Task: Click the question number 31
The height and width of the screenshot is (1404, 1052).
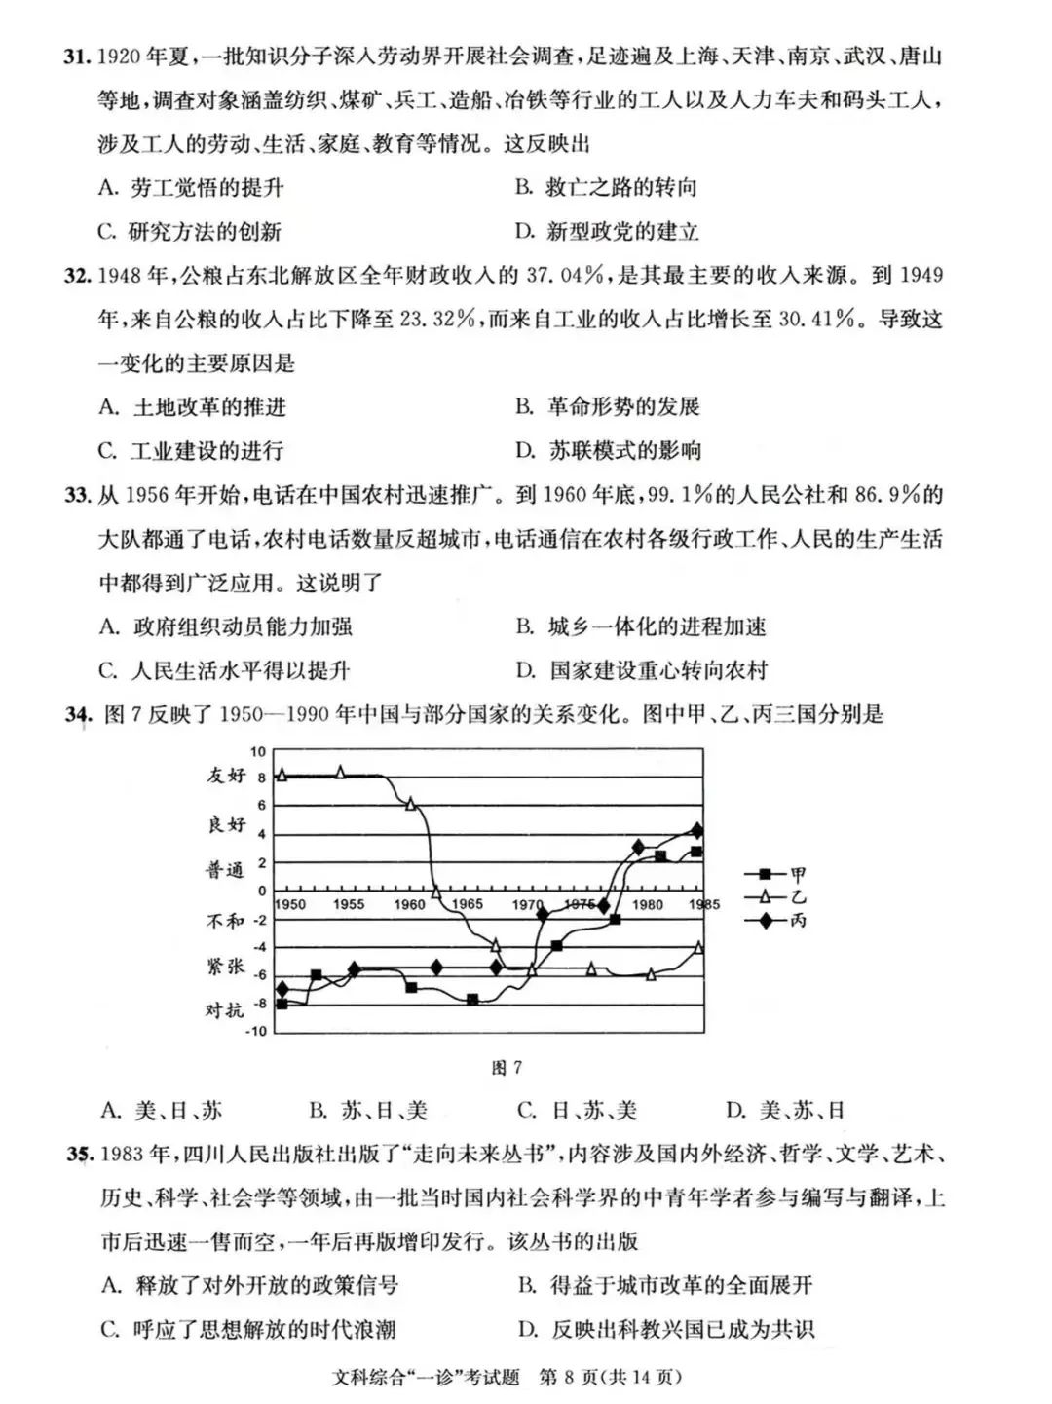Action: (77, 57)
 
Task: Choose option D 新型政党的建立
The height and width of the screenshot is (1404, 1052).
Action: (607, 232)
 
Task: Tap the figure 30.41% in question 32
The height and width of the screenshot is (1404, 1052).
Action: (815, 320)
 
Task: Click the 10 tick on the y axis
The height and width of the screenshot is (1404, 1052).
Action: (258, 751)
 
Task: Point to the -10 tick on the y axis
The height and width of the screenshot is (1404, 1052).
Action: (254, 1031)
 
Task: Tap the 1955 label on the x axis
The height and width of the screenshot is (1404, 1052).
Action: (348, 904)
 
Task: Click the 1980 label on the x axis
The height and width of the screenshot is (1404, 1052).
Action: (648, 904)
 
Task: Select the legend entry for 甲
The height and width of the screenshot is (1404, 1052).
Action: (775, 874)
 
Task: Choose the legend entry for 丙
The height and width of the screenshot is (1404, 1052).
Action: (775, 920)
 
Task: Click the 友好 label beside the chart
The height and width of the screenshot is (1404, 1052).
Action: (226, 776)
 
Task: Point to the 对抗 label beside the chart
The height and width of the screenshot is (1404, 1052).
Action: (225, 1009)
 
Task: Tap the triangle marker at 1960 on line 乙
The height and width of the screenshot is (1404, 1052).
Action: (410, 804)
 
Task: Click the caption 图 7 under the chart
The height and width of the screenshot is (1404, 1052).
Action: (507, 1068)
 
